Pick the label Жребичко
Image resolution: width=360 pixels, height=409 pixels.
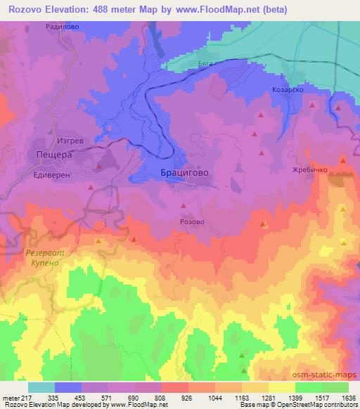[x=307, y=170]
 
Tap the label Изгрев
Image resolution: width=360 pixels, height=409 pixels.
[x=70, y=141]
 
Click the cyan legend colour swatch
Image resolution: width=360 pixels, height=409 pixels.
[x=41, y=387]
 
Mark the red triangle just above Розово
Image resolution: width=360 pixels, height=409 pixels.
[x=184, y=206]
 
